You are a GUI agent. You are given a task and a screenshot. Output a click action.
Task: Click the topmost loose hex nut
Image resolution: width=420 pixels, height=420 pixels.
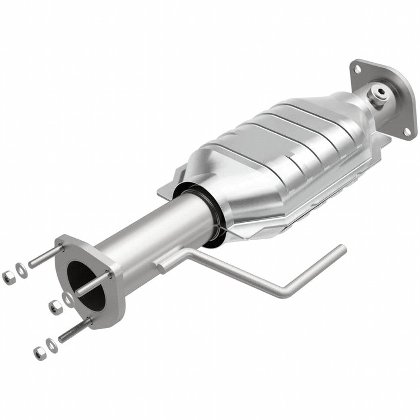(x=8, y=277)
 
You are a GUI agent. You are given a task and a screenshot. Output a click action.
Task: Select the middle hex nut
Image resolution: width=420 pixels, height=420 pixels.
(x=54, y=306)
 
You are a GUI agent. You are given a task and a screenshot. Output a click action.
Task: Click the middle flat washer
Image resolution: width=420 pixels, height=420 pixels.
(x=66, y=297)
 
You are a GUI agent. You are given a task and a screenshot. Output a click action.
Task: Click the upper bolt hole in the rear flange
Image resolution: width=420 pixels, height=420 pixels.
(x=357, y=69)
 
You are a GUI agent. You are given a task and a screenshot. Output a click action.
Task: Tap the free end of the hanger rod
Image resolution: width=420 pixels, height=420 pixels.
(x=341, y=249)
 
